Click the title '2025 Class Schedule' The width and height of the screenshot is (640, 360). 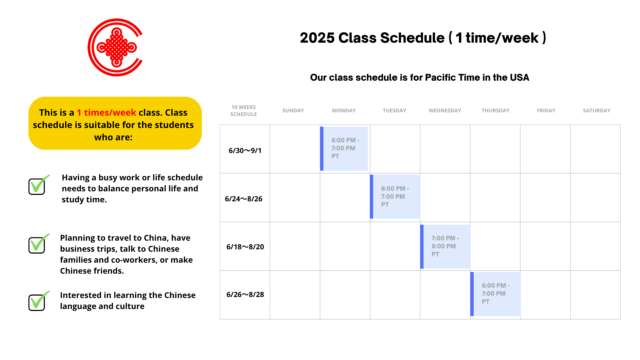(x=372, y=38)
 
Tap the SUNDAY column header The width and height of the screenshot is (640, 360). (x=293, y=111)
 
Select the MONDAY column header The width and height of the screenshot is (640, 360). (x=344, y=111)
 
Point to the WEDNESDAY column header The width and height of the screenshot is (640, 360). (x=445, y=111)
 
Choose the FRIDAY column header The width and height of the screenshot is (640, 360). (x=546, y=111)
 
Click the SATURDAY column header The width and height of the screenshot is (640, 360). (x=596, y=111)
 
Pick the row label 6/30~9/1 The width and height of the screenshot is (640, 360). (x=245, y=151)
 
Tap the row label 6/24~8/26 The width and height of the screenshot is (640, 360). (x=244, y=199)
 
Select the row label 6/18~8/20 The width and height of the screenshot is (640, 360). (x=245, y=247)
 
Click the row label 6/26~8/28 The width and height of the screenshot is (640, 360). (x=245, y=295)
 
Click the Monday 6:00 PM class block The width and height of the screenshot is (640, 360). (x=344, y=149)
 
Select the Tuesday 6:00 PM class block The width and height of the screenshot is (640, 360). (x=395, y=197)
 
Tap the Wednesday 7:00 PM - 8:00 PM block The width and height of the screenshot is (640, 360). (x=445, y=247)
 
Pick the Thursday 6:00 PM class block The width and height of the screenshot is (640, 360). (x=495, y=294)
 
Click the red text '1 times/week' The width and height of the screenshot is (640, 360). (x=106, y=113)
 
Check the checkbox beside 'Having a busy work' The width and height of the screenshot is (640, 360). (x=39, y=185)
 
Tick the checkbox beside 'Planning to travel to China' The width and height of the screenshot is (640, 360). (x=39, y=243)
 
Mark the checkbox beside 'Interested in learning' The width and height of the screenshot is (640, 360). (x=39, y=301)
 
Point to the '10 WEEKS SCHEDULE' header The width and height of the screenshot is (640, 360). (x=244, y=111)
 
